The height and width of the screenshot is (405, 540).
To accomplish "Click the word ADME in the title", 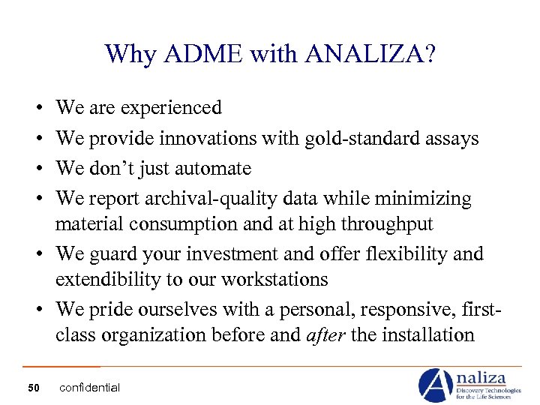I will (x=191, y=54).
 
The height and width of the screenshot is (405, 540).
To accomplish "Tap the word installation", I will (x=428, y=334).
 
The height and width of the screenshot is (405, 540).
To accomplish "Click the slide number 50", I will (x=33, y=387).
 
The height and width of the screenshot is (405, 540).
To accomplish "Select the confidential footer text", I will (x=89, y=387).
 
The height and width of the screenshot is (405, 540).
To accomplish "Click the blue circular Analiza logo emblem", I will (x=435, y=385).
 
